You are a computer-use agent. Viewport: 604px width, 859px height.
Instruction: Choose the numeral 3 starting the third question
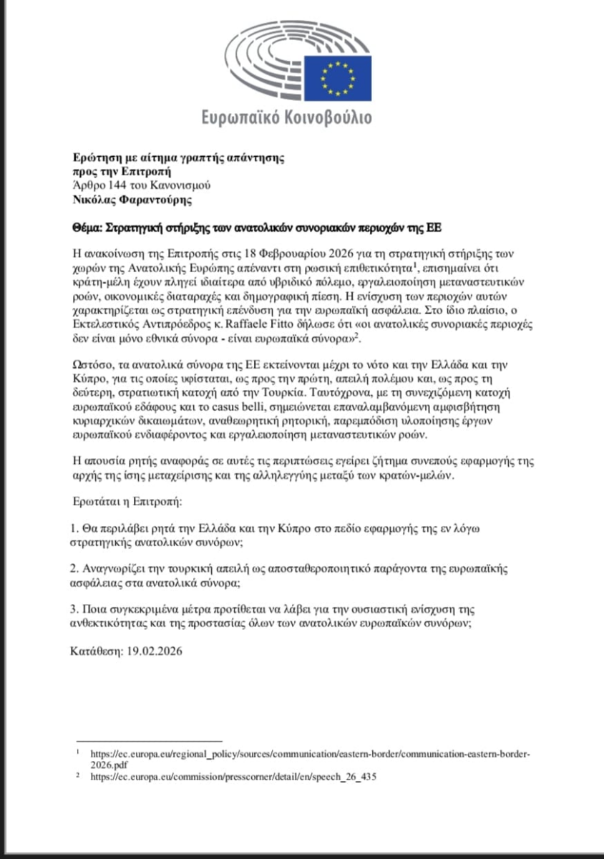(x=74, y=609)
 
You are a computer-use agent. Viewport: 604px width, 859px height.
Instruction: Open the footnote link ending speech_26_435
(x=233, y=775)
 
